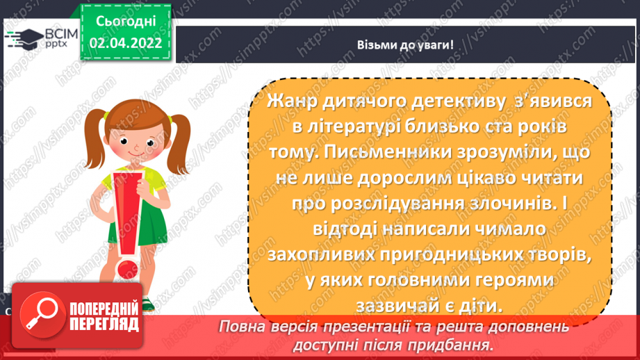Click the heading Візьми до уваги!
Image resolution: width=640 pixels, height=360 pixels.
click(405, 45)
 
